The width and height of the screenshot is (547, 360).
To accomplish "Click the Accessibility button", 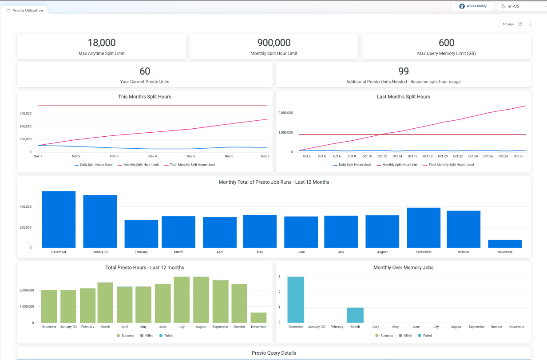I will pyautogui.click(x=473, y=6).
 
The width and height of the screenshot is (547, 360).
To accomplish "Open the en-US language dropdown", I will pyautogui.click(x=522, y=6).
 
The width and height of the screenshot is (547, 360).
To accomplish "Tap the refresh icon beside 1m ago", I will pyautogui.click(x=520, y=24).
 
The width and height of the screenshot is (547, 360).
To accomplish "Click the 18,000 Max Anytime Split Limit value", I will pyautogui.click(x=101, y=43).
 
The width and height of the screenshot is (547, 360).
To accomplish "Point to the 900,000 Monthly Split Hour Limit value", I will pyautogui.click(x=274, y=43).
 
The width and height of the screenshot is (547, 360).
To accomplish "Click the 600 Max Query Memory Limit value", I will pyautogui.click(x=446, y=43).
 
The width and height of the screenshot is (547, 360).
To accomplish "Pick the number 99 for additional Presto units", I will pyautogui.click(x=403, y=71).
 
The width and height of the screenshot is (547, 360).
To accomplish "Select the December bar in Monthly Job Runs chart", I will pyautogui.click(x=59, y=219).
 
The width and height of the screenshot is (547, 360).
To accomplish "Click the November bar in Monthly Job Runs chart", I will pyautogui.click(x=505, y=244).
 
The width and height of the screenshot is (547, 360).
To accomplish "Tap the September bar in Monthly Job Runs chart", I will pyautogui.click(x=424, y=228).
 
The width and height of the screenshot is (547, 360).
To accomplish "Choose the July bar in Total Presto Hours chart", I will pyautogui.click(x=182, y=300).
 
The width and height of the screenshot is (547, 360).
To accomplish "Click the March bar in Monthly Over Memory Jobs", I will pyautogui.click(x=355, y=315).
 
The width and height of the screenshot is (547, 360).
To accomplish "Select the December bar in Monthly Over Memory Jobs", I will pyautogui.click(x=296, y=300).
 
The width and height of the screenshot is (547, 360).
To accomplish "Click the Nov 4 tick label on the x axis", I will pyautogui.click(x=152, y=156).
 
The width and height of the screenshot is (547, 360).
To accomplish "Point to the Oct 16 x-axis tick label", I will pyautogui.click(x=412, y=156).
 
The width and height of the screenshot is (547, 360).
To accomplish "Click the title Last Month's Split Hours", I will pyautogui.click(x=403, y=96).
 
